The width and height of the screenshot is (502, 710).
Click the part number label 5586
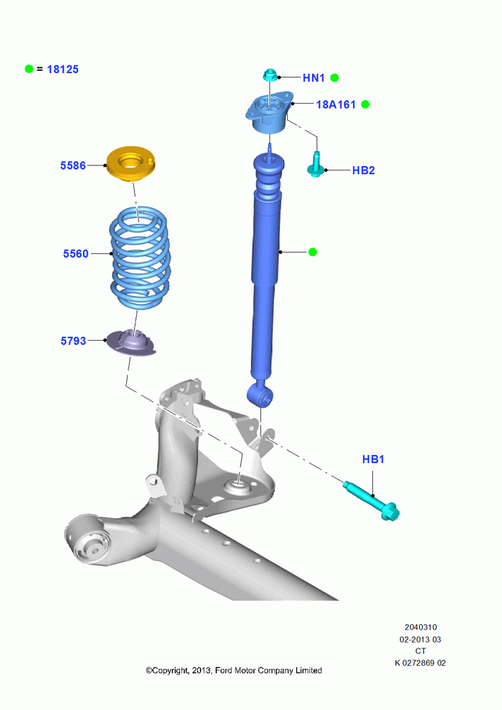[x=73, y=165]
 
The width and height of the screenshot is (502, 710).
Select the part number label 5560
[x=76, y=253]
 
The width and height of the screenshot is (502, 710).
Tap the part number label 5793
[x=73, y=341]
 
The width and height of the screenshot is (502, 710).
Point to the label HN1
[x=314, y=78]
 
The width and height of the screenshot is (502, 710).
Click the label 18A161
[x=336, y=104]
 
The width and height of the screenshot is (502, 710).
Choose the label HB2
[x=364, y=170]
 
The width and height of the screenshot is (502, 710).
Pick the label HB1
[x=373, y=459]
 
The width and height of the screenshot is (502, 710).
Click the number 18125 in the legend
[x=63, y=70]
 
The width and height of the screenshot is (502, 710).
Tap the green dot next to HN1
[x=335, y=78]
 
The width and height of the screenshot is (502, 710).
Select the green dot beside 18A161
[x=365, y=104]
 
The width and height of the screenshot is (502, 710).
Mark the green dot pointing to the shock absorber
[x=313, y=252]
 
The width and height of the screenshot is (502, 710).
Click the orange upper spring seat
[x=130, y=165]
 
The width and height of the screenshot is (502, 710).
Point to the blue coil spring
[x=140, y=258]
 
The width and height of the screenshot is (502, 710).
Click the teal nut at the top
[x=270, y=75]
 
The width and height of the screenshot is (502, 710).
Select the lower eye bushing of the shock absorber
[x=260, y=395]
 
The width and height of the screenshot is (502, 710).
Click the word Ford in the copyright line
[x=223, y=670]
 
